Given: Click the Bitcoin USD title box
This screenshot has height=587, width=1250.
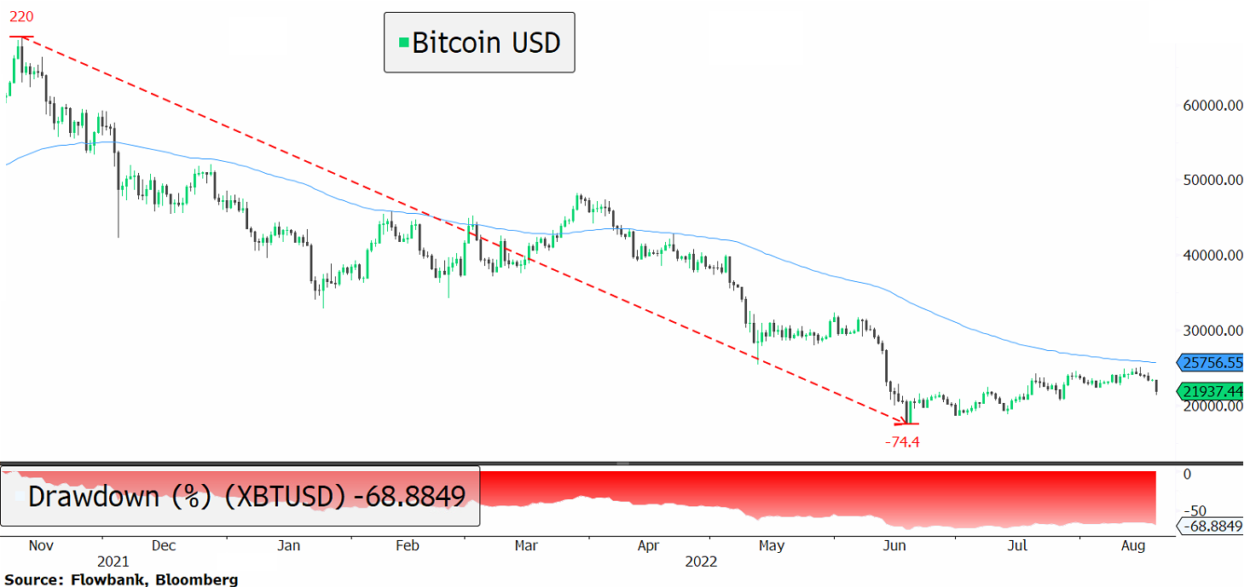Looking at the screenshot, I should coord(479,43).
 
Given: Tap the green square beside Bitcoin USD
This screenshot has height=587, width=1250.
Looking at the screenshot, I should coord(403,42).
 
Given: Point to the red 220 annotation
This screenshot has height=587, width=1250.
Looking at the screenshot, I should coord(21,16).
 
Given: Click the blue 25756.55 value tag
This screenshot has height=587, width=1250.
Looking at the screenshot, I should coord(1212,362).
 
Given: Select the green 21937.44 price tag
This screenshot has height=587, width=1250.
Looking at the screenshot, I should coord(1212,391).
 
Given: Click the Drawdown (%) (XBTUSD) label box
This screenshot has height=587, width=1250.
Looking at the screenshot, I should coord(240,496).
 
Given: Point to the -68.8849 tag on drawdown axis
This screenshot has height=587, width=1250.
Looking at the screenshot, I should coord(1212,527).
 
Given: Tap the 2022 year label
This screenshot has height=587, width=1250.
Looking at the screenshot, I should coord(702,561).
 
